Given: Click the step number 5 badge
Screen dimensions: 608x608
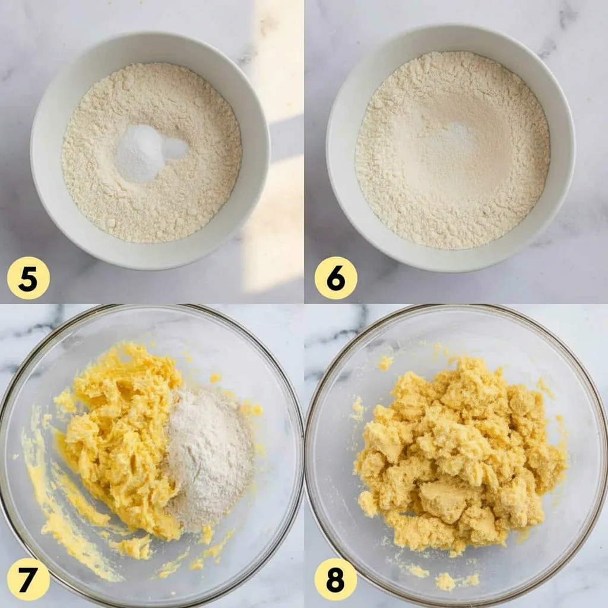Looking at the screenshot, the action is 28,278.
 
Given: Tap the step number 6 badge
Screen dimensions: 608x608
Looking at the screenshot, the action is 336,278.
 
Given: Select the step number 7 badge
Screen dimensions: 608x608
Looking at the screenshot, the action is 28,579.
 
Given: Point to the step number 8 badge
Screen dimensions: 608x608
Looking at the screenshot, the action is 336,579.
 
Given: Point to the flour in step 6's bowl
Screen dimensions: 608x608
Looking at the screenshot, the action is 452,149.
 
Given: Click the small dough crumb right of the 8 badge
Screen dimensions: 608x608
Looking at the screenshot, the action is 446,582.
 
